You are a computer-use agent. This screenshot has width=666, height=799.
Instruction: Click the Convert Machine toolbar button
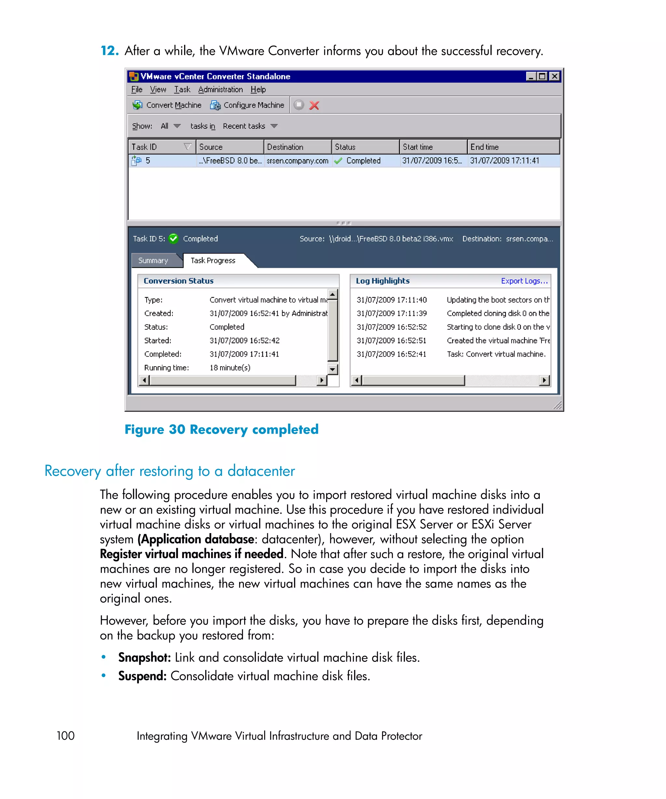167,105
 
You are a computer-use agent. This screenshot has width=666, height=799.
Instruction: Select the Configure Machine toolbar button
247,105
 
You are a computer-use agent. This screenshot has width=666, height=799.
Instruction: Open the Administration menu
220,89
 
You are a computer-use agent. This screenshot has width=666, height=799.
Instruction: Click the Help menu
258,89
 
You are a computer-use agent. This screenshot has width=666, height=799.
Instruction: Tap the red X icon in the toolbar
314,105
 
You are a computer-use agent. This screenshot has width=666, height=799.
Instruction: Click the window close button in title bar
555,76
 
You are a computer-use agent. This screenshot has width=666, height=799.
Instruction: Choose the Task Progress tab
213,261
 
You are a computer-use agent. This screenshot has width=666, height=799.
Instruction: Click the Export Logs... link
524,281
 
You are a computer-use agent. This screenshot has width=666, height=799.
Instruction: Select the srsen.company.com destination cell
297,161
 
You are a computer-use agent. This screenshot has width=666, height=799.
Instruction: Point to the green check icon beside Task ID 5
174,239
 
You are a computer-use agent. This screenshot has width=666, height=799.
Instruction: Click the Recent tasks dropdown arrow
274,126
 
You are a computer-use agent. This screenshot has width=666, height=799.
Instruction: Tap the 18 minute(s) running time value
230,368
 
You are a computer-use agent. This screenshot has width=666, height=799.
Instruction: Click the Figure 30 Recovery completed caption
221,429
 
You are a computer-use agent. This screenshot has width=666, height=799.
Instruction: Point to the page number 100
65,736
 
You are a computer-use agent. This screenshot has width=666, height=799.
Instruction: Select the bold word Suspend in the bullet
142,676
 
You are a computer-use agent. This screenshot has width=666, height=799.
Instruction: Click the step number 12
109,51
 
